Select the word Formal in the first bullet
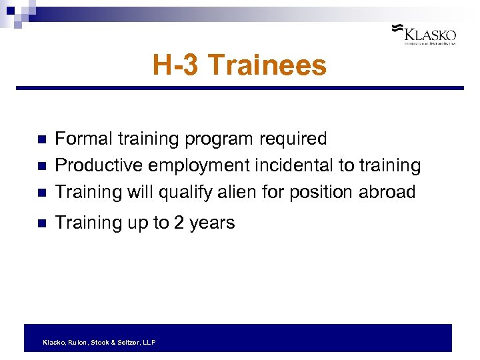click(x=83, y=139)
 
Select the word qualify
click(x=184, y=192)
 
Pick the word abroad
click(x=387, y=192)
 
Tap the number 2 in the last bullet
click(x=178, y=223)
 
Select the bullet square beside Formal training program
click(x=41, y=140)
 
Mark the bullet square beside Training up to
click(x=41, y=224)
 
